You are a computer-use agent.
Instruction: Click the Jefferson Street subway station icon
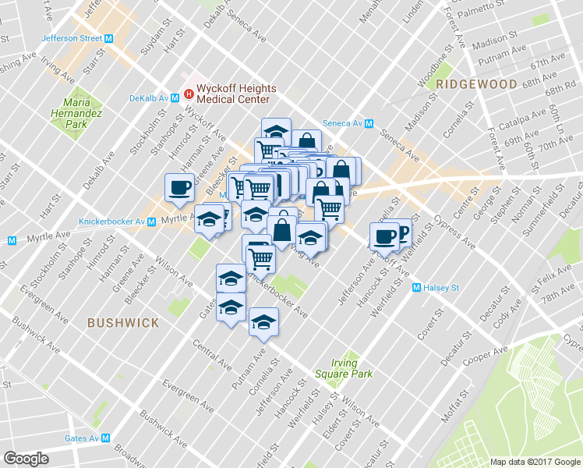(109, 38)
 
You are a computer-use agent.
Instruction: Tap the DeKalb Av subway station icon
(176, 98)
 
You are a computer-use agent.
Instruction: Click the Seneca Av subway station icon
(369, 123)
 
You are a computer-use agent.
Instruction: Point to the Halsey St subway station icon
(415, 288)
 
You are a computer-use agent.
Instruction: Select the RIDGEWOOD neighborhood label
(466, 84)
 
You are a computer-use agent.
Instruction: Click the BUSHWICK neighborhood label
(123, 322)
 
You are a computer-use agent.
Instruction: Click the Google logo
(26, 459)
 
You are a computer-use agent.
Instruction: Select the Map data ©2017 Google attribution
(535, 461)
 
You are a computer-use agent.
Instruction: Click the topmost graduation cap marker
(275, 130)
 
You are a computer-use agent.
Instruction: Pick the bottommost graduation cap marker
(263, 321)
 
